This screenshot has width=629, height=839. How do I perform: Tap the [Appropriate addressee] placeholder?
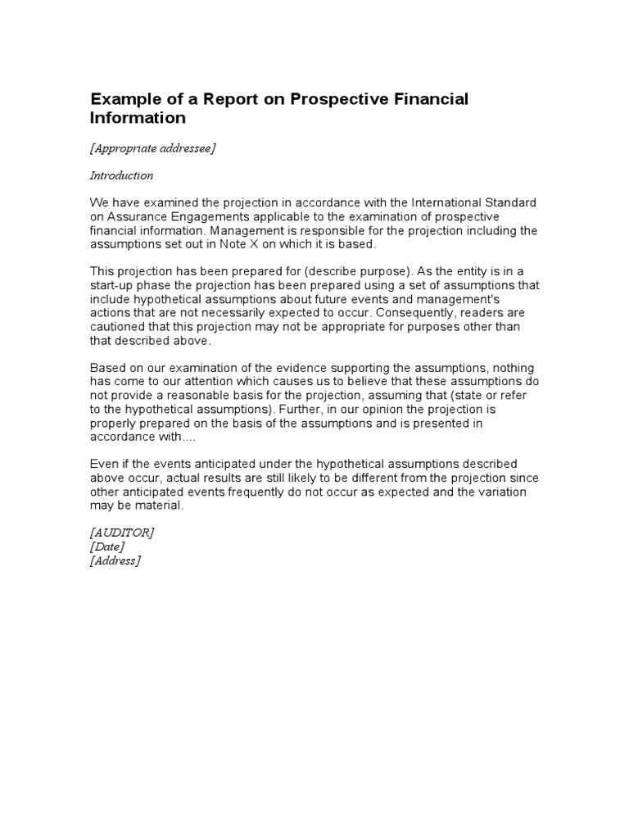coord(152,148)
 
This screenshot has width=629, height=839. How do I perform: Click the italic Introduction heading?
coord(121,175)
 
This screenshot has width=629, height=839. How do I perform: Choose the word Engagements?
coord(201,217)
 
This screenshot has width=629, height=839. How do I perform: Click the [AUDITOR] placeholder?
coord(122,533)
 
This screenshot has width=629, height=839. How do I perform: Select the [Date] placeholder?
coord(107,546)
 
